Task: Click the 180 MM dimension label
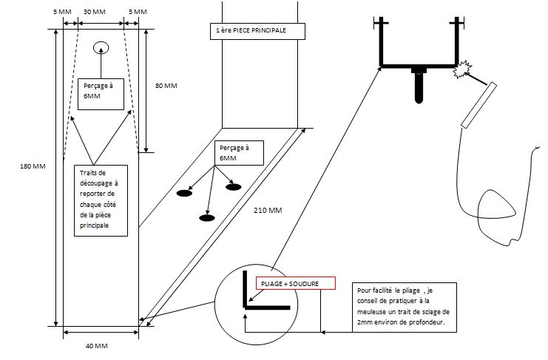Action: [33, 166]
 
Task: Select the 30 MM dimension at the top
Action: [95, 12]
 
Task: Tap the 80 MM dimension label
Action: [166, 86]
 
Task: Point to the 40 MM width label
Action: [96, 346]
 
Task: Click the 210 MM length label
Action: [268, 210]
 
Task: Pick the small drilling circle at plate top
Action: [101, 47]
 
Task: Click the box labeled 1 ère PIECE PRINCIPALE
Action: [257, 31]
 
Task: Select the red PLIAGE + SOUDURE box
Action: [296, 283]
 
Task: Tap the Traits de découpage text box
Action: [101, 200]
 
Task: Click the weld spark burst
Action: [462, 69]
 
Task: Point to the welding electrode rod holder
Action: [478, 105]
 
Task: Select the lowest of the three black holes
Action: [207, 218]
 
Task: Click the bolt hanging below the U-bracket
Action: [419, 85]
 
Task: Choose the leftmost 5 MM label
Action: [62, 12]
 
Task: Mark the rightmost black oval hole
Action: [234, 187]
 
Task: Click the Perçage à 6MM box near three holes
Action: [239, 153]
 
